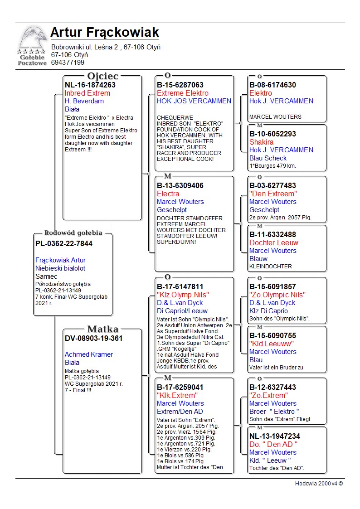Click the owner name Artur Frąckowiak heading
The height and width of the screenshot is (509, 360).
104,33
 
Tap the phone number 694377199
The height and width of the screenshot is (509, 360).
68,63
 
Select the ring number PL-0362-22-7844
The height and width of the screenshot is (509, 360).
64,244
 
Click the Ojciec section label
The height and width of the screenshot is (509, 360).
102,76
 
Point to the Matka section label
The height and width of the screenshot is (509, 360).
102,329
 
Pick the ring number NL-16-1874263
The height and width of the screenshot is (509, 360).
90,85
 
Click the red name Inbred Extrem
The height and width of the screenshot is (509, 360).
88,93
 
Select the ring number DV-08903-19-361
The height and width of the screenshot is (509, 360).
94,338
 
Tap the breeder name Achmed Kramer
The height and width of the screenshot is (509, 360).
89,354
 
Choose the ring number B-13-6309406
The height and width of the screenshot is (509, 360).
180,185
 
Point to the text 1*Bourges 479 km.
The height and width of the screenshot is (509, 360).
272,166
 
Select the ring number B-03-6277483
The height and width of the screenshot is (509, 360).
272,185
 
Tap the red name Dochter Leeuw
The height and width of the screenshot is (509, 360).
274,242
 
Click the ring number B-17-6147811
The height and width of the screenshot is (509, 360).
180,286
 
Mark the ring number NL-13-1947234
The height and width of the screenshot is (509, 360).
275,436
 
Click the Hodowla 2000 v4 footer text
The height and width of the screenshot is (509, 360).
319,483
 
